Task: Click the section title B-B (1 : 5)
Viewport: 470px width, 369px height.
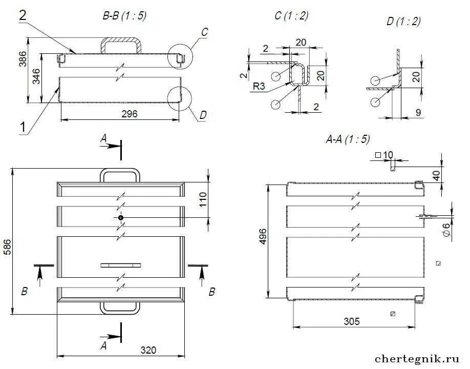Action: (124, 16)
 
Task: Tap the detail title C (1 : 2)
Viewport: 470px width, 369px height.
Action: (291, 16)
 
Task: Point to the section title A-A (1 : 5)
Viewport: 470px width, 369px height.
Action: (348, 138)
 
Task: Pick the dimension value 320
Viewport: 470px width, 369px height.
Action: (148, 351)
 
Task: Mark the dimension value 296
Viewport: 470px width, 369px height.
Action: (130, 114)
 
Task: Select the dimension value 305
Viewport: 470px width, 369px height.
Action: (351, 321)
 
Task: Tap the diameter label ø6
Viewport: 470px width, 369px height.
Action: (446, 229)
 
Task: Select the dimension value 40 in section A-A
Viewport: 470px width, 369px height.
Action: (436, 174)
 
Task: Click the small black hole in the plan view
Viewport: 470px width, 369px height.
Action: (120, 218)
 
